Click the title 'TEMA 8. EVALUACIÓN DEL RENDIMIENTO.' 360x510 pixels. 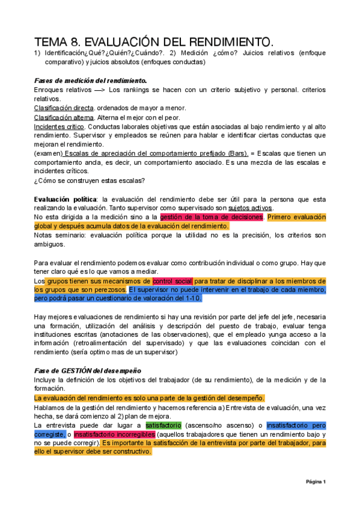(x=153, y=42)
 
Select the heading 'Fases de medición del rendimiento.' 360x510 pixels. (x=90, y=80)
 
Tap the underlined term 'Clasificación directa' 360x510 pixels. (x=68, y=108)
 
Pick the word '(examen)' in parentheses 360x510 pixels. (x=47, y=154)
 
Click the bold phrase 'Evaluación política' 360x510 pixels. (x=65, y=199)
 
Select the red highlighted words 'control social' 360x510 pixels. (x=172, y=281)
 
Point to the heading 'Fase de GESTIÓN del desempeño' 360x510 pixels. (x=86, y=371)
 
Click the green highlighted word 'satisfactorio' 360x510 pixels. (x=165, y=425)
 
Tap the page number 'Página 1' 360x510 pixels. (x=316, y=482)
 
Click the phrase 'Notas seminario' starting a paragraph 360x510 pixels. (x=59, y=236)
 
